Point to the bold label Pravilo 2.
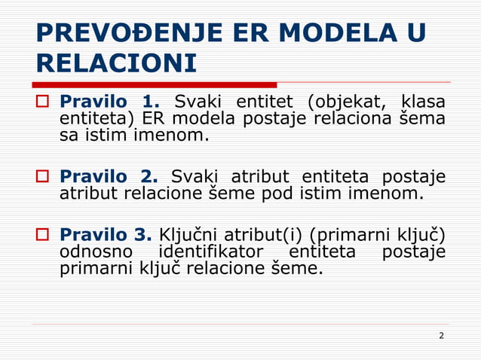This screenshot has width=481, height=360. [109, 177]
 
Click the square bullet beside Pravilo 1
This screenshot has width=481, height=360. [43, 102]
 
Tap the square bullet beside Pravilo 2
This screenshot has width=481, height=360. [43, 177]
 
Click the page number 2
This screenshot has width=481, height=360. [441, 336]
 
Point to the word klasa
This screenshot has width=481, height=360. [423, 102]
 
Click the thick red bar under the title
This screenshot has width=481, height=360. [155, 85]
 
